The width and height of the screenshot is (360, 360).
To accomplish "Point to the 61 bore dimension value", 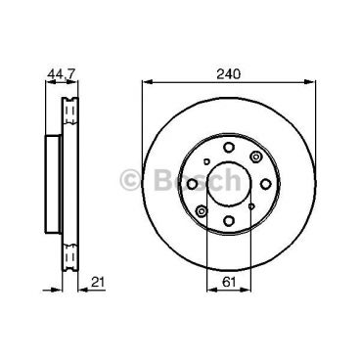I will pyautogui.click(x=227, y=284).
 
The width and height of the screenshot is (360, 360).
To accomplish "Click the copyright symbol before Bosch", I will pyautogui.click(x=129, y=180).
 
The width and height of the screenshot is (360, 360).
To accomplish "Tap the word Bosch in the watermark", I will pyautogui.click(x=200, y=180).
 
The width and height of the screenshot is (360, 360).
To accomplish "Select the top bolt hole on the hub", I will pyautogui.click(x=227, y=148).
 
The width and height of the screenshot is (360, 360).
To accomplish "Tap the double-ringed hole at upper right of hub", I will pyautogui.click(x=253, y=157).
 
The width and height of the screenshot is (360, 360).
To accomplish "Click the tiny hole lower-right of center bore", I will pyautogui.click(x=250, y=202).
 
